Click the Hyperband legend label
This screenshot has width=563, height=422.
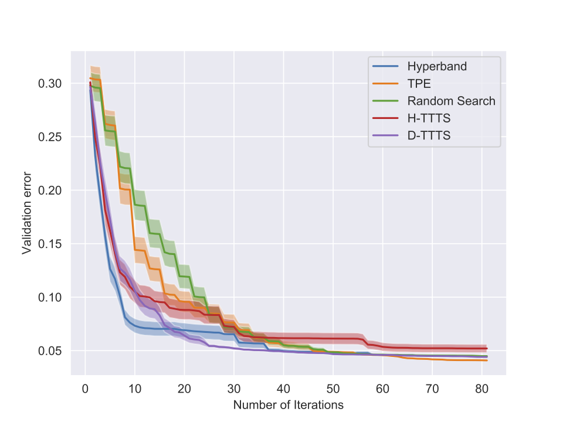(x=437, y=66)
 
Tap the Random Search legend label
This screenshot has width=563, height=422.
(x=452, y=101)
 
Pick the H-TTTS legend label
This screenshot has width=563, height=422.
(x=429, y=118)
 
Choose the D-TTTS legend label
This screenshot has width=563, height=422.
(x=429, y=136)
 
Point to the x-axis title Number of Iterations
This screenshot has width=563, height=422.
(x=288, y=404)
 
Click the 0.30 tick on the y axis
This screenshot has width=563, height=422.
(x=50, y=83)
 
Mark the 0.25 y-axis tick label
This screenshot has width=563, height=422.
(x=50, y=137)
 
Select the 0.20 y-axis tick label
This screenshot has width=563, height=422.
(x=50, y=190)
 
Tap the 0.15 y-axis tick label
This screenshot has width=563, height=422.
(x=50, y=244)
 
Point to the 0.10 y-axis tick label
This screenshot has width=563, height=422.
(x=50, y=297)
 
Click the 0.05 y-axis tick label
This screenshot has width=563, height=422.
(x=50, y=351)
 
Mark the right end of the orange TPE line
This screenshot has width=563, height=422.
(x=487, y=360)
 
